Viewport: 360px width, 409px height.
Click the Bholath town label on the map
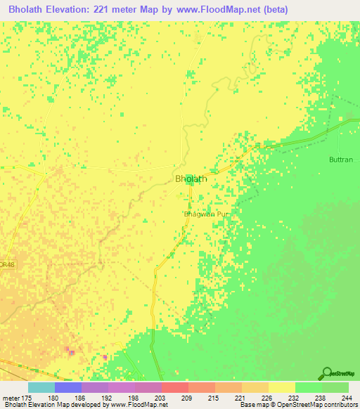pos(191,179)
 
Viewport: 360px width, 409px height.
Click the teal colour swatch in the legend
pos(41,387)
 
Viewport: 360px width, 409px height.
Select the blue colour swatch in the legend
pos(67,387)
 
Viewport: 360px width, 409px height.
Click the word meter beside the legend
pos(10,397)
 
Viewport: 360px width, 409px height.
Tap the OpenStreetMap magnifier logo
pos(326,373)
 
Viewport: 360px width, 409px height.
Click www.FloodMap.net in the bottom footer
pos(139,405)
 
